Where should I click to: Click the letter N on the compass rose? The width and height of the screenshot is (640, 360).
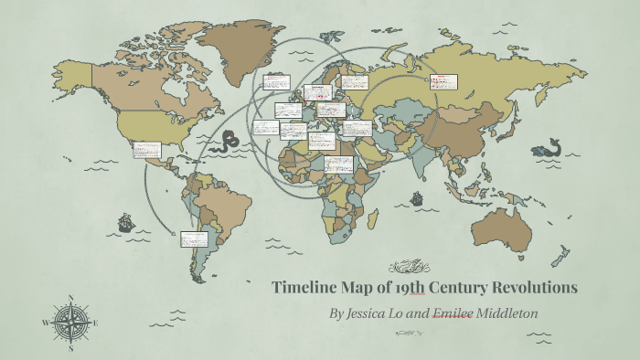click(71, 298)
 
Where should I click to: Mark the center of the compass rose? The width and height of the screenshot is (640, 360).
click(71, 323)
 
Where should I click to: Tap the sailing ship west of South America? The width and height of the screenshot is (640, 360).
click(125, 223)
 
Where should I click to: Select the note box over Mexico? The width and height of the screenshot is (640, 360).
click(146, 150)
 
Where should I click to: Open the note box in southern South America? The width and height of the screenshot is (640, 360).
click(194, 239)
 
